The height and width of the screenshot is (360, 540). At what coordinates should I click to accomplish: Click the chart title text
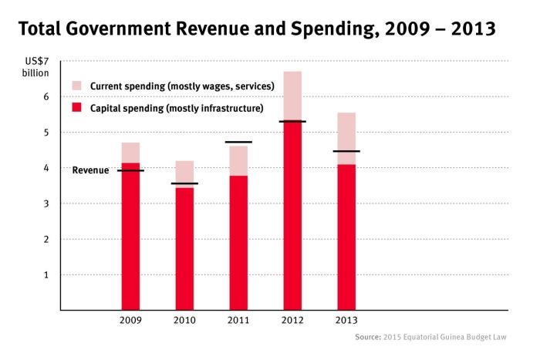[x=255, y=30]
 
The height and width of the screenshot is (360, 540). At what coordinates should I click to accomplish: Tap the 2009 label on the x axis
[x=130, y=320]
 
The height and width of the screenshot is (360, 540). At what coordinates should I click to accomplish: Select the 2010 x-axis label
[x=184, y=320]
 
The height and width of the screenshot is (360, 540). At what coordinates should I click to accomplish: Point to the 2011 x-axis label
[x=238, y=320]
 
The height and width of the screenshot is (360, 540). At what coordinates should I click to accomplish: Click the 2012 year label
[x=292, y=320]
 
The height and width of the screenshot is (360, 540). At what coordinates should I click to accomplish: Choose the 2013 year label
[x=346, y=320]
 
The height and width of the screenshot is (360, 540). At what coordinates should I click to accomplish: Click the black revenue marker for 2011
[x=238, y=142]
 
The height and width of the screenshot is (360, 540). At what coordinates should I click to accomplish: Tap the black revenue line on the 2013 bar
[x=346, y=151]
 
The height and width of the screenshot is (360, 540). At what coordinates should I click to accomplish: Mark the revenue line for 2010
[x=184, y=183]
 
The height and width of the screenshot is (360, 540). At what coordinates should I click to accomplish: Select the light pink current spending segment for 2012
[x=292, y=96]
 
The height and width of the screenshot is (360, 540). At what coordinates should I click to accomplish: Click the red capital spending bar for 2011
[x=238, y=242]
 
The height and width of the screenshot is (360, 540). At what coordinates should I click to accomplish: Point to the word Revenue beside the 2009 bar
[x=90, y=170]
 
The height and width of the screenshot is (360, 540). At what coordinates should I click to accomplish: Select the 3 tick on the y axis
[x=46, y=204]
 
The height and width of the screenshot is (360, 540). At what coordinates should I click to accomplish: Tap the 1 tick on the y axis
[x=46, y=274]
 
